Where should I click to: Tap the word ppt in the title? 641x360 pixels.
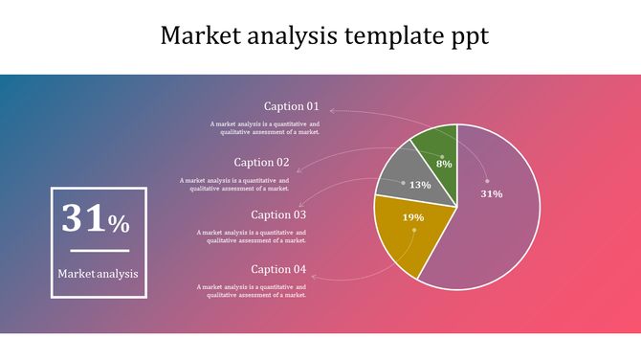[x=469, y=37]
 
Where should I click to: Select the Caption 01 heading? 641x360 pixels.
[x=292, y=106]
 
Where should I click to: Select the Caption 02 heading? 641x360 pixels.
[x=261, y=162]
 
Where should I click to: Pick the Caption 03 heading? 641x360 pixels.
[x=278, y=214]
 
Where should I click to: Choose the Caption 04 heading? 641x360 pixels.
[x=278, y=269]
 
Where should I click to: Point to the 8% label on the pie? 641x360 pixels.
[x=444, y=164]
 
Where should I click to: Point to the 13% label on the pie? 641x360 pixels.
[x=420, y=185]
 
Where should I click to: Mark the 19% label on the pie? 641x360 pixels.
[x=413, y=217]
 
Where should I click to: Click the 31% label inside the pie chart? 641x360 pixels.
[x=491, y=193]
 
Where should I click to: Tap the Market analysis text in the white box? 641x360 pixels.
[x=98, y=273]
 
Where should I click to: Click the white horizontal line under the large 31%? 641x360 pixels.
[x=99, y=251]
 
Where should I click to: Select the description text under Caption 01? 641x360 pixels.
[x=265, y=127]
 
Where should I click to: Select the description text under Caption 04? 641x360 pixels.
[x=252, y=291]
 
